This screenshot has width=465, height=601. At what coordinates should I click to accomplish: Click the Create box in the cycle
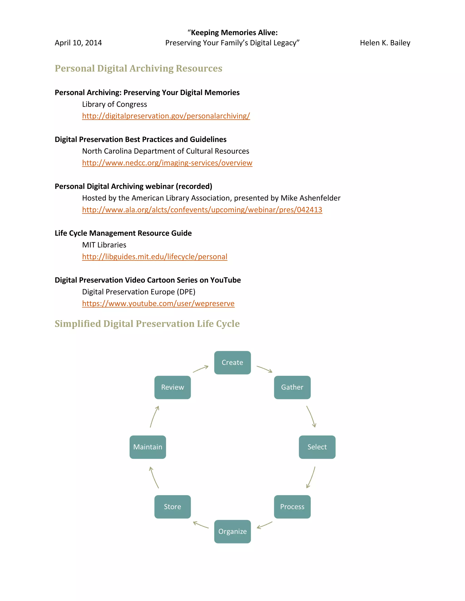coord(232,362)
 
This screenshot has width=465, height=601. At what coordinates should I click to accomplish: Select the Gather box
coord(292,387)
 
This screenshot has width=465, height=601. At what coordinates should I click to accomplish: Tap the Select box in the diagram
coord(317,447)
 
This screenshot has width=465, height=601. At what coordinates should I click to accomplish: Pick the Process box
coord(292,507)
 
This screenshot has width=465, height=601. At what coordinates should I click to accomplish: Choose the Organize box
coord(232,531)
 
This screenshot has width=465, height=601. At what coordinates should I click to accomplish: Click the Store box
coord(173,507)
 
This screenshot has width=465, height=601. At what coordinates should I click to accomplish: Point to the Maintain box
coord(148,447)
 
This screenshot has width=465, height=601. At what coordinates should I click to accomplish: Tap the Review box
coord(173,387)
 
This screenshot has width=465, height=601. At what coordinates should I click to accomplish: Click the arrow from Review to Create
coord(200,369)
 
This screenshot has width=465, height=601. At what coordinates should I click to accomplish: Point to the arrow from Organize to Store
coord(201,525)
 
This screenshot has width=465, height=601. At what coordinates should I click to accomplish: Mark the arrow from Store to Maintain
coord(154,477)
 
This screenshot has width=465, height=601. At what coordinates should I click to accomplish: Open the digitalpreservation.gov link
coord(166,116)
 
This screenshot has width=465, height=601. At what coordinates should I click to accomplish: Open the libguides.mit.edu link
coord(155,257)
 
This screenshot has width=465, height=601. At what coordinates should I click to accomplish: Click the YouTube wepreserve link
coord(158,303)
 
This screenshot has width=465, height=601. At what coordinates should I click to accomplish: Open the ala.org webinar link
coord(202,210)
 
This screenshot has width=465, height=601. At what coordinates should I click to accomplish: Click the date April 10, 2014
coord(78,43)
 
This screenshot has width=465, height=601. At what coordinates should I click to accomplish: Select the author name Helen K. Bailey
coord(385,43)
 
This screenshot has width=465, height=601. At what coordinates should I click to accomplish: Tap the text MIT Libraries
coord(104,245)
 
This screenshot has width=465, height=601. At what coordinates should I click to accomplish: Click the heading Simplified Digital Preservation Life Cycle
coord(147,324)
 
